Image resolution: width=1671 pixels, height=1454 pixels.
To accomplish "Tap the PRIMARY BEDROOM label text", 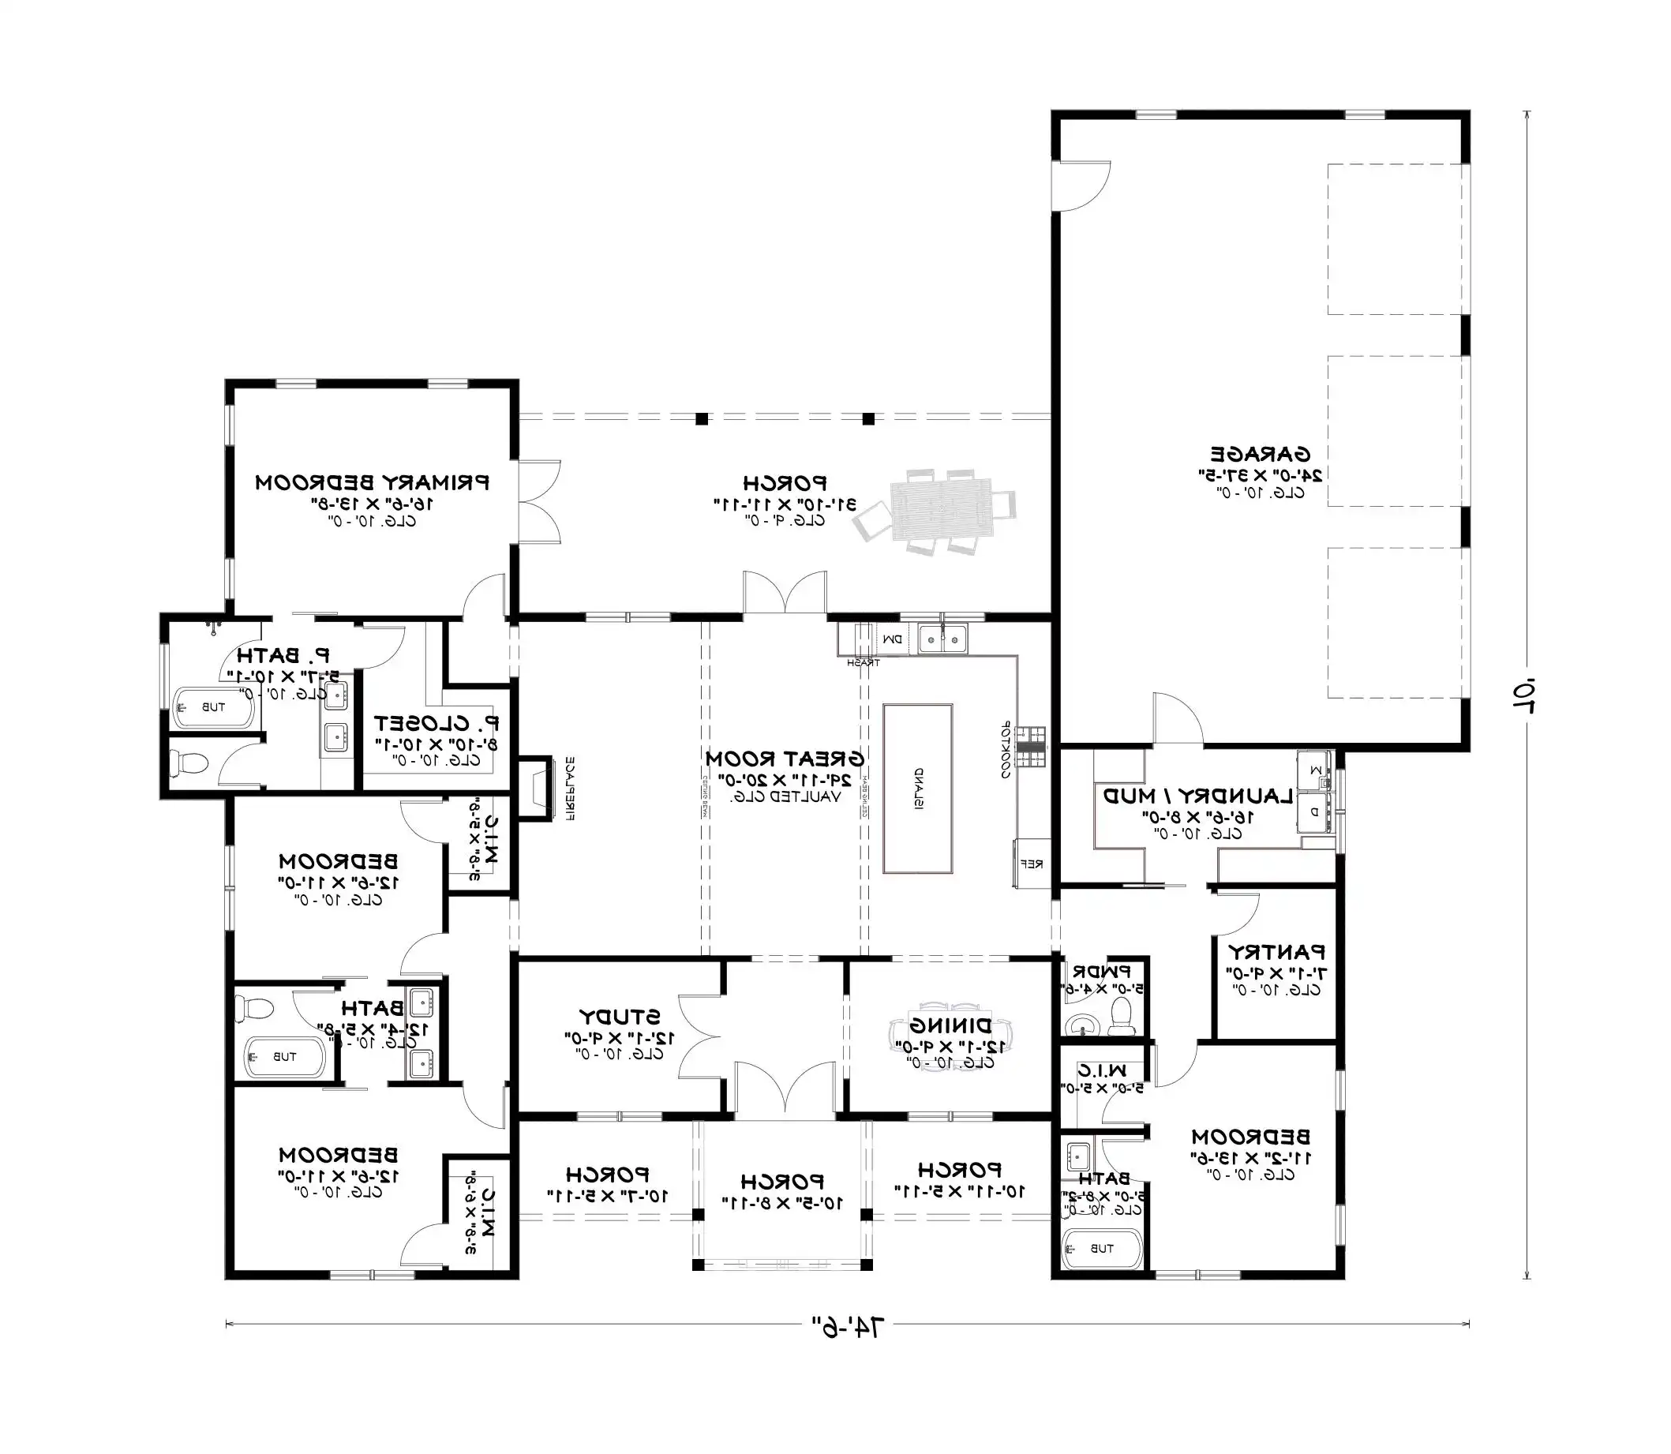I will click(x=373, y=483).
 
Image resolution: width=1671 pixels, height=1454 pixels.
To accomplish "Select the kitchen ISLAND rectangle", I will click(x=917, y=789).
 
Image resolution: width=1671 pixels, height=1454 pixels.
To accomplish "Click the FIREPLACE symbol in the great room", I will click(x=534, y=788).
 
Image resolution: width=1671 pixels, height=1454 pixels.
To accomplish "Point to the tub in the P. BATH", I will click(x=214, y=707).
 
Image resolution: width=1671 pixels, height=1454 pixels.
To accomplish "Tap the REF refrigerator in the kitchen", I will click(x=1031, y=864).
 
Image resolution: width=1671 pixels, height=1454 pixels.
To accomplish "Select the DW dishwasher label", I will click(x=892, y=640).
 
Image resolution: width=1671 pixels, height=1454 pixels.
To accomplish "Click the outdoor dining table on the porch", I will click(x=941, y=510).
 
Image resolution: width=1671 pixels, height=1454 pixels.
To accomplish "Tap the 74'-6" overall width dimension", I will click(x=848, y=1327).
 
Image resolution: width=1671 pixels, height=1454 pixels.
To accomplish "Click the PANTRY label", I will click(x=1276, y=951).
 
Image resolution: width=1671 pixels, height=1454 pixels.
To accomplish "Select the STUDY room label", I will click(x=620, y=1017).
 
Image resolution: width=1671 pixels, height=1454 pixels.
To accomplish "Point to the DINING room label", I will click(x=950, y=1025).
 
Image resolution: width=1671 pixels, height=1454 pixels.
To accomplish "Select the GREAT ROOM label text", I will click(x=785, y=759).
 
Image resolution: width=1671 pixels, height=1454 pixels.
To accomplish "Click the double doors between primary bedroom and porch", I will click(x=539, y=501).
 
